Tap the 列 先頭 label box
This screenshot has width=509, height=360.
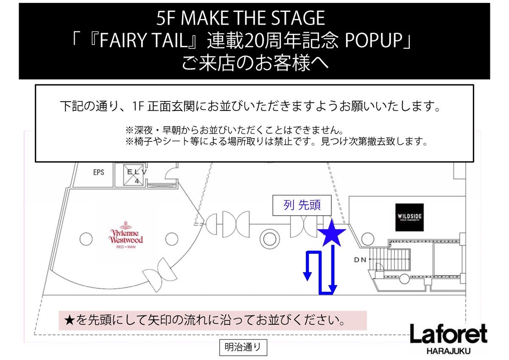(x=302, y=205)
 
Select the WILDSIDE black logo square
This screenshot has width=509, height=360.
(x=409, y=217)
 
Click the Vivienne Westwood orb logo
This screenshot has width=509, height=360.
(x=126, y=225)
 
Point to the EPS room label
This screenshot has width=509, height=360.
(x=98, y=172)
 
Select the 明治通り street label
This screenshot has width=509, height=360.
(x=243, y=348)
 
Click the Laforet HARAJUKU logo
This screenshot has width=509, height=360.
(x=448, y=338)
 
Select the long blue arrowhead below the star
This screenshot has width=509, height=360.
(x=333, y=290)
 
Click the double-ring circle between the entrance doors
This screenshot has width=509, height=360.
(x=269, y=236)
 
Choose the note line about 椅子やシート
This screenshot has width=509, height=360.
(x=276, y=141)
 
